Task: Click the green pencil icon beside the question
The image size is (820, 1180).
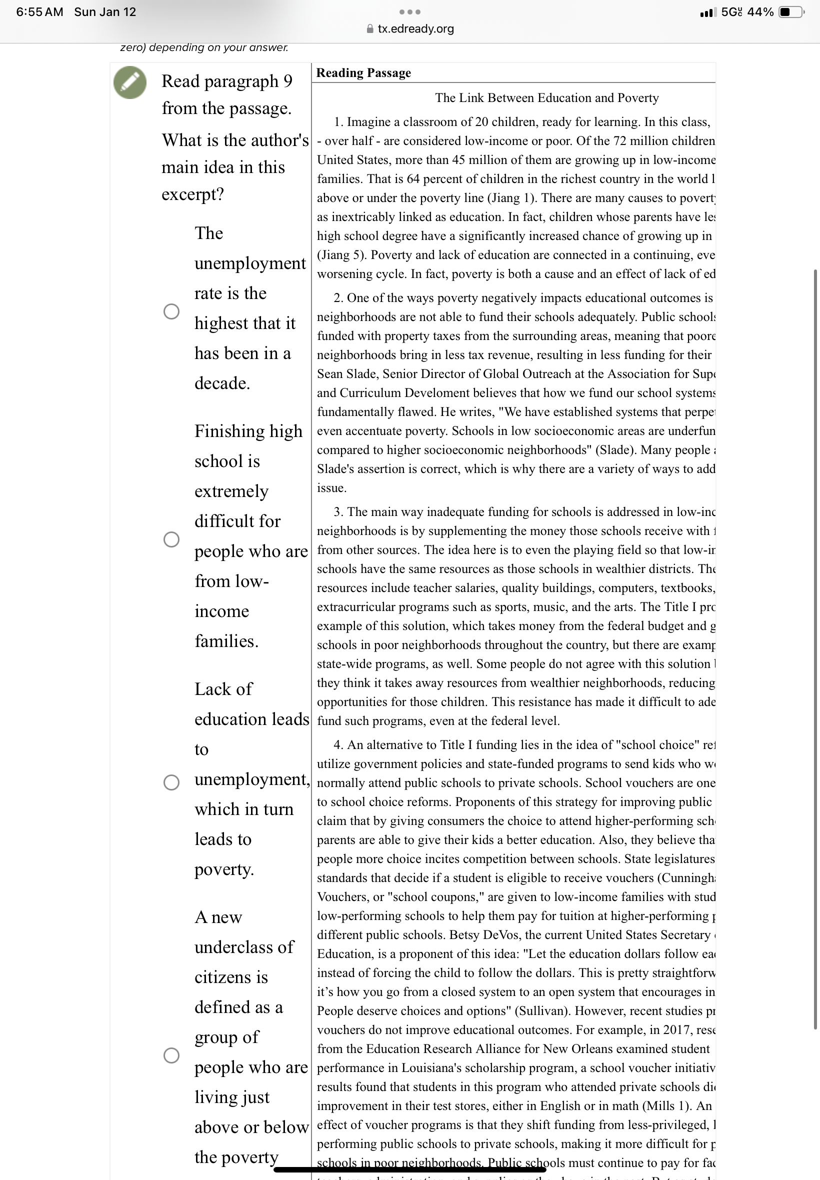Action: click(x=130, y=82)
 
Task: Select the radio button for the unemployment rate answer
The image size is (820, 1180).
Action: click(x=171, y=311)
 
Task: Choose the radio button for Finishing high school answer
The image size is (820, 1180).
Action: click(x=171, y=539)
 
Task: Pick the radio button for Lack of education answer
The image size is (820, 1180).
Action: click(x=171, y=782)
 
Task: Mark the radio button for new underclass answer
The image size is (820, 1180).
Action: click(x=171, y=1055)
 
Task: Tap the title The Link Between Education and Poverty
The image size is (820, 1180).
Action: click(x=546, y=97)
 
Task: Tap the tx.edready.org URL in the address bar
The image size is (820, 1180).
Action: click(x=415, y=29)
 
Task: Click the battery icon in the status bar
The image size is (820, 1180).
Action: click(x=790, y=12)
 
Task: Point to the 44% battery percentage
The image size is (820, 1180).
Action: click(x=760, y=12)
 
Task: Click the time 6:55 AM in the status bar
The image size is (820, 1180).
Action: click(x=39, y=12)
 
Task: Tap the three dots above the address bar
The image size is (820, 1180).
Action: click(x=410, y=12)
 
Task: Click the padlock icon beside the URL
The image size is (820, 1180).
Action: click(x=370, y=29)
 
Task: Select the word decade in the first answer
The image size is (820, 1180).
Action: click(x=222, y=383)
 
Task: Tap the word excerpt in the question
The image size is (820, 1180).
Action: click(x=192, y=194)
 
